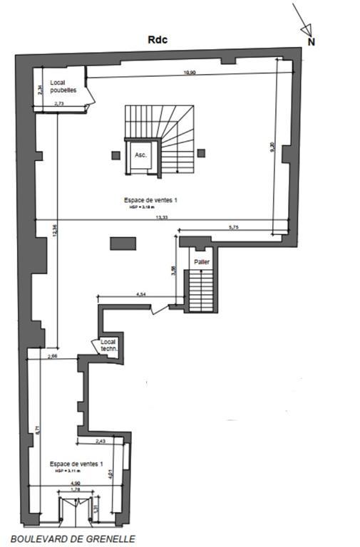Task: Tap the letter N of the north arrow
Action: pos(311,41)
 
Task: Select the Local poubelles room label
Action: pos(63,86)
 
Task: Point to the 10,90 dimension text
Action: pos(189,72)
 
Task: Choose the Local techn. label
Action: pos(108,345)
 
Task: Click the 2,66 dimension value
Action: pos(52,355)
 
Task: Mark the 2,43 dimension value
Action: pos(100,441)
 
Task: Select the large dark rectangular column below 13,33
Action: pos(122,244)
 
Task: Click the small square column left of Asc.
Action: pos(115,153)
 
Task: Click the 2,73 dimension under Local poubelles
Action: pos(61,105)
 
